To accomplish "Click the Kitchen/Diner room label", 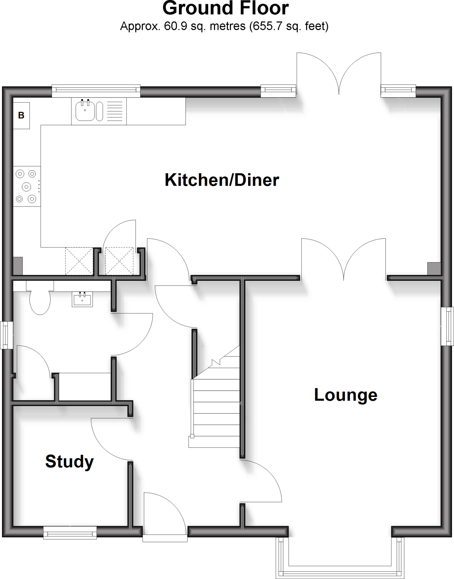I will (x=222, y=180).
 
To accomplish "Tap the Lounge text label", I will (x=346, y=395).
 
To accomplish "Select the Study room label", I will (x=69, y=461).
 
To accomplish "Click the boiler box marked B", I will (x=21, y=115).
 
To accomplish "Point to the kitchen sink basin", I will (x=85, y=111).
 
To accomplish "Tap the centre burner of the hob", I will (x=27, y=187).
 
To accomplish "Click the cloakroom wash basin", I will (x=82, y=299).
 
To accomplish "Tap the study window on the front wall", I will (x=70, y=532).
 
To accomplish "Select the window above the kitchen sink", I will (x=96, y=91).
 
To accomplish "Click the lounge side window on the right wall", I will (x=448, y=326).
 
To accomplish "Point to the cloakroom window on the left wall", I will (x=6, y=335).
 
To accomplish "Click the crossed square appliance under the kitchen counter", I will (x=79, y=261).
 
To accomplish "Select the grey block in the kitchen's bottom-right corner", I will (x=434, y=268).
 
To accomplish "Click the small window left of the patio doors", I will (x=278, y=90).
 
